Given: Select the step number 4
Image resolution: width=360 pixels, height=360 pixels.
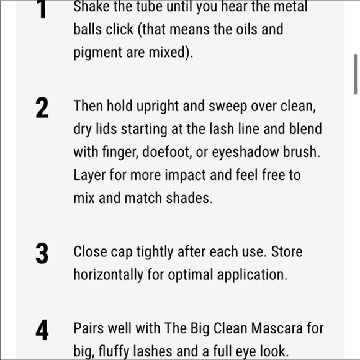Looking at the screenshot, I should click(42, 330).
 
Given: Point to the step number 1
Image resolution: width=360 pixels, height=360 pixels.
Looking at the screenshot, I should click(42, 9).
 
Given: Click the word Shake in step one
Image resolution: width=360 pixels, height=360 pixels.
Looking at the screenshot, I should click(90, 7).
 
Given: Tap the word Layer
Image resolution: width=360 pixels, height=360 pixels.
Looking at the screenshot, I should click(90, 175).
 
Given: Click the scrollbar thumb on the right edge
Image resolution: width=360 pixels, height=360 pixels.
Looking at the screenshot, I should click(356, 73).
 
